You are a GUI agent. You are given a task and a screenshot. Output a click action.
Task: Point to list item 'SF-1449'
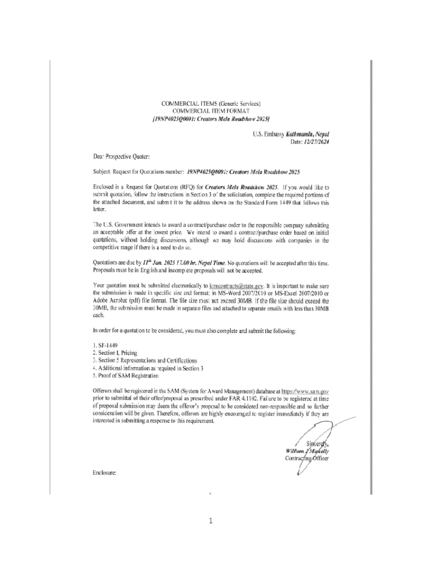105,346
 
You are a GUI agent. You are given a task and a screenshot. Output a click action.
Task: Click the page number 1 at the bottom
210,520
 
